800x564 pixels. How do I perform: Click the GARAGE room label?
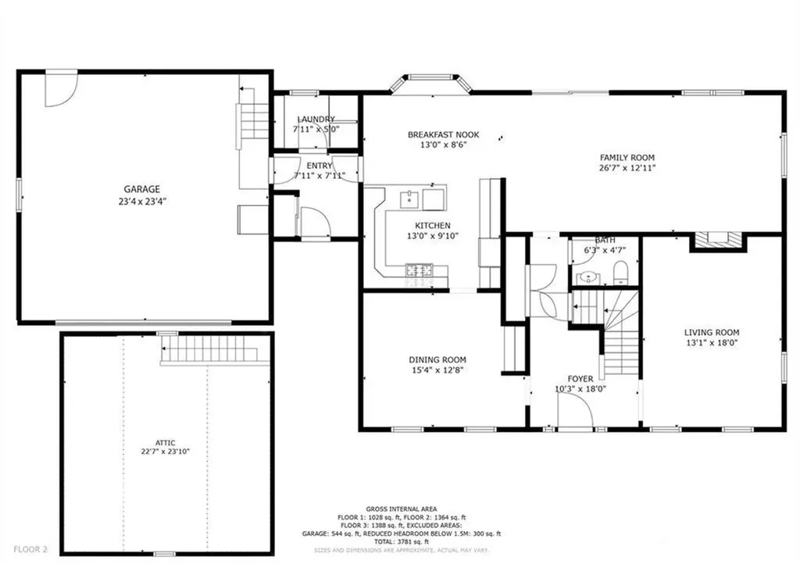(141, 189)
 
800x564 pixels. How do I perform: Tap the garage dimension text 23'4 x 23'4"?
(141, 201)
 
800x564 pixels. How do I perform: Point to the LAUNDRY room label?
(316, 120)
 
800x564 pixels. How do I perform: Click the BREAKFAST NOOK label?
(443, 134)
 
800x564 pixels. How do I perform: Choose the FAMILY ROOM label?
(627, 157)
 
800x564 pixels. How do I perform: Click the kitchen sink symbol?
(409, 199)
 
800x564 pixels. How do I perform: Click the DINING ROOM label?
(437, 360)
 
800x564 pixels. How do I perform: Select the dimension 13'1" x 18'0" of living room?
(712, 342)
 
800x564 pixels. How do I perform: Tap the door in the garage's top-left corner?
(59, 87)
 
